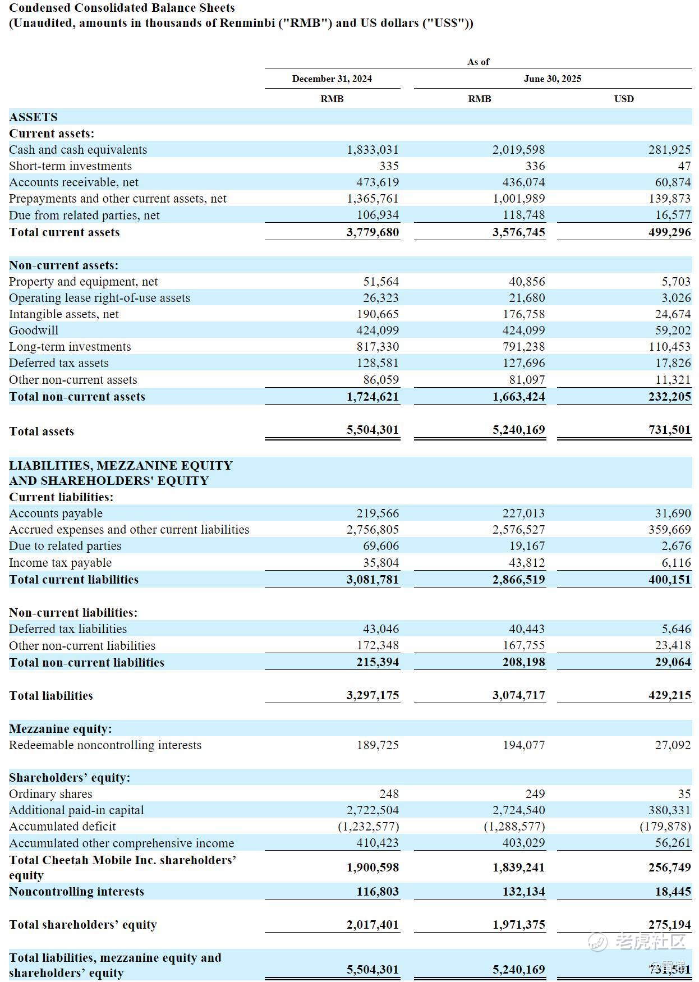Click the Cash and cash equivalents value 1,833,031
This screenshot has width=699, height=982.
pos(373,150)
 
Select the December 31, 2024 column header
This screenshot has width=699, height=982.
pos(332,79)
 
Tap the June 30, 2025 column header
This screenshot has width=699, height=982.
pos(552,79)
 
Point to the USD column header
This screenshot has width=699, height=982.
pos(623,99)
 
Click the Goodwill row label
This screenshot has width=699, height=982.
pos(34,331)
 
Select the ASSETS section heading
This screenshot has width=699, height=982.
pos(33,117)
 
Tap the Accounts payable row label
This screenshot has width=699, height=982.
pos(56,513)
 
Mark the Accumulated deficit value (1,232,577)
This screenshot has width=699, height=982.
pos(368,827)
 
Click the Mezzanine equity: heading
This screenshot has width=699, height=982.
pos(60,729)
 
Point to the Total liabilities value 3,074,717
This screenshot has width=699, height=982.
pos(518,695)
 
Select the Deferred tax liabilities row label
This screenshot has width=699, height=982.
pos(68,629)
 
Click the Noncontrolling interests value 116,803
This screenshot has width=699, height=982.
pos(378,892)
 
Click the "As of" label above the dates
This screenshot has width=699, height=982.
pos(478,62)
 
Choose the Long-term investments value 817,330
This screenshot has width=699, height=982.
pos(378,347)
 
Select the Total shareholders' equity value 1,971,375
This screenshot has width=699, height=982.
pos(518,925)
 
